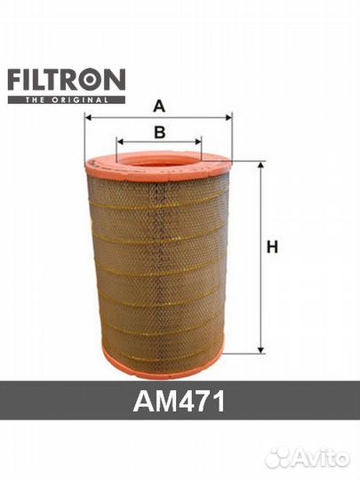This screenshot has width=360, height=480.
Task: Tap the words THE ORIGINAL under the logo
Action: click(x=66, y=100)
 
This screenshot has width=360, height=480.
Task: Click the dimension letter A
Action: click(x=159, y=107)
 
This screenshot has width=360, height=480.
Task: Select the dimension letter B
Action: click(x=160, y=132)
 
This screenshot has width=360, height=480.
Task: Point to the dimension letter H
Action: click(x=272, y=249)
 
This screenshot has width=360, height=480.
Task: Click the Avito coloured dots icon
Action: click(x=281, y=457)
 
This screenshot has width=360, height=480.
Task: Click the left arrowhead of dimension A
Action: click(x=88, y=117)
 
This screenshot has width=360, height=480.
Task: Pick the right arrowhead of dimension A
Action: click(x=228, y=117)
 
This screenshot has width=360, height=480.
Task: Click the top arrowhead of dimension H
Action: click(x=260, y=165)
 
